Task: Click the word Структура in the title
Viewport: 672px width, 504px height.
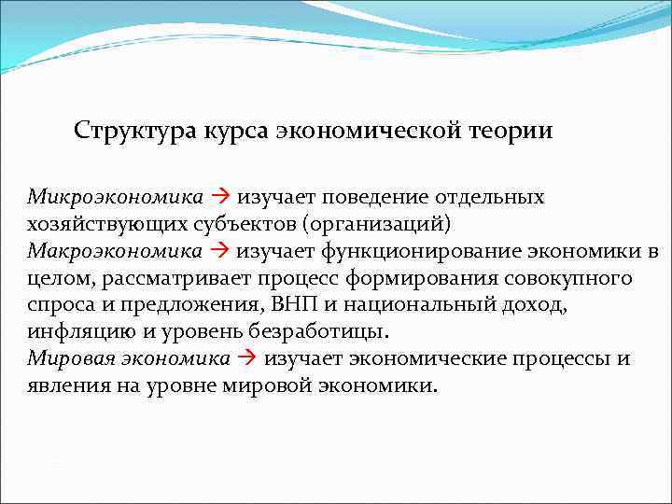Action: (x=132, y=130)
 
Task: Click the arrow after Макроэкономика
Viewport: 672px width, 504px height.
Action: (x=220, y=252)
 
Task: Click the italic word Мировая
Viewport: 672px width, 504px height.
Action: (x=64, y=359)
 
